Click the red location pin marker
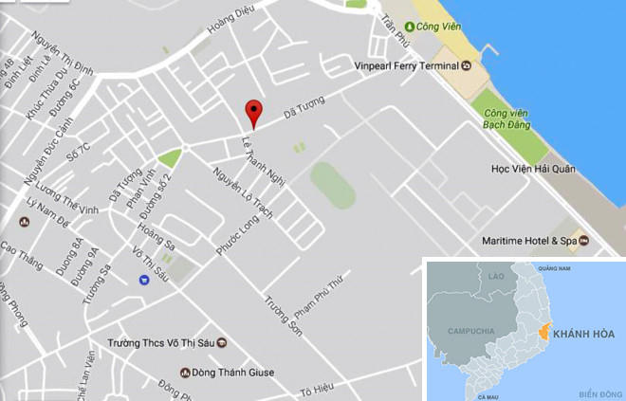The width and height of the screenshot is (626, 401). pyautogui.click(x=252, y=113)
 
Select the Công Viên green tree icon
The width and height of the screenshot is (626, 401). pyautogui.click(x=410, y=26)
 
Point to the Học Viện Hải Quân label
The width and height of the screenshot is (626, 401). pyautogui.click(x=532, y=169)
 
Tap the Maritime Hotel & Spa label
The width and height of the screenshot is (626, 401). pyautogui.click(x=529, y=241)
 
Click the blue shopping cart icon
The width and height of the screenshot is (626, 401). pyautogui.click(x=143, y=279)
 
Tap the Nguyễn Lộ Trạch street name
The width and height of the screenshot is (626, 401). pyautogui.click(x=243, y=194)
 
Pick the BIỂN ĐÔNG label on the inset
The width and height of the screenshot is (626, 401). pyautogui.click(x=597, y=392)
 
